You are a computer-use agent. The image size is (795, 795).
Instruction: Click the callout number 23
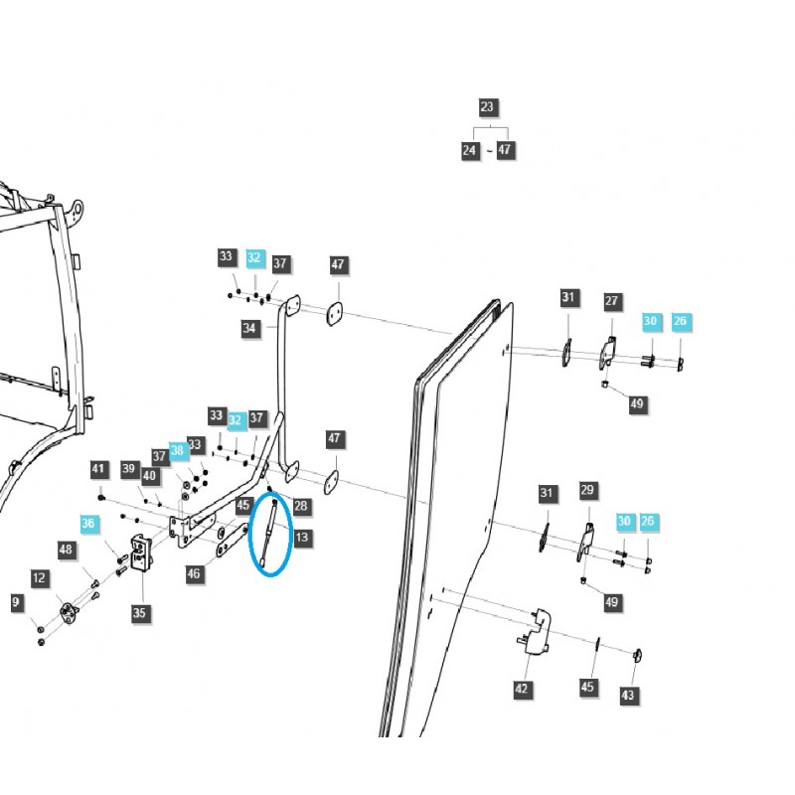(486, 107)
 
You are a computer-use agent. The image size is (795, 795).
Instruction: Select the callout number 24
(470, 150)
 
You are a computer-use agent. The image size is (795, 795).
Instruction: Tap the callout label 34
(249, 328)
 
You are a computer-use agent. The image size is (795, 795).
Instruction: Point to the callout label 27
(611, 300)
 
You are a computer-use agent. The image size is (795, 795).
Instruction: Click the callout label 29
(587, 490)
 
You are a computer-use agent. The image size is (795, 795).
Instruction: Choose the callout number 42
(522, 689)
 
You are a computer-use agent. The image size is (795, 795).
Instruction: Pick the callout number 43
(628, 695)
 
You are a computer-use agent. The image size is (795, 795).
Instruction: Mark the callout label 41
(98, 469)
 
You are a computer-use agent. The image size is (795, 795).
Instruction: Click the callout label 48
(66, 549)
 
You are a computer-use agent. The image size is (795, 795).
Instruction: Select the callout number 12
(39, 577)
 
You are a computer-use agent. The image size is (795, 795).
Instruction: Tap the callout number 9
(17, 601)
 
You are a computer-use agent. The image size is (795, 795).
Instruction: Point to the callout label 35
(139, 613)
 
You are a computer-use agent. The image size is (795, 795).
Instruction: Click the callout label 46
(194, 573)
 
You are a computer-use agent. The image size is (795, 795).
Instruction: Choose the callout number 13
(301, 538)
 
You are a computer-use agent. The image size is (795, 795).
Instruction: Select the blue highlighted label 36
(88, 524)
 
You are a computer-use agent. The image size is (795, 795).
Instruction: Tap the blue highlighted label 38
(177, 449)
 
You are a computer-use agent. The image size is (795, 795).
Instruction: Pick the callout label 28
(301, 506)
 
